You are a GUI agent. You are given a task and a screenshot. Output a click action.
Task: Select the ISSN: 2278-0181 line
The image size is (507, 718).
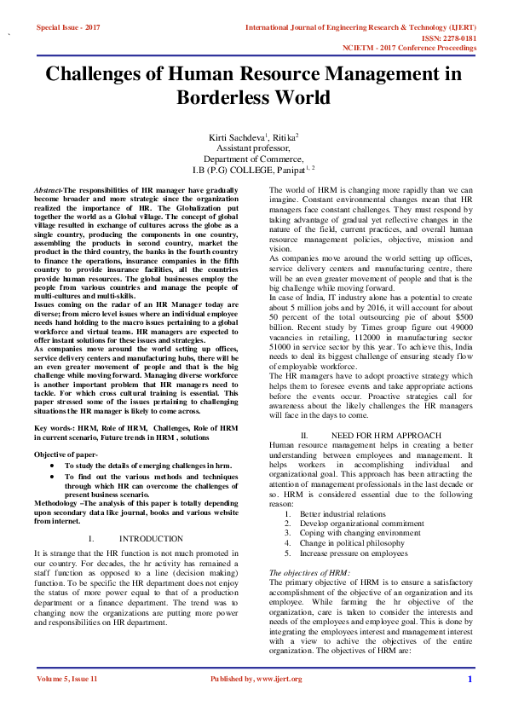449,38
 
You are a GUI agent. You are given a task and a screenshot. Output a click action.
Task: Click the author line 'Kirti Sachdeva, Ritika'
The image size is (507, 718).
254,136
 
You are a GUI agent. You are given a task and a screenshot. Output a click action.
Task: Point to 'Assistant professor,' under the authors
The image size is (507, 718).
254,148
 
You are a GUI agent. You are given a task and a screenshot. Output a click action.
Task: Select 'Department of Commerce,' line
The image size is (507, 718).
254,159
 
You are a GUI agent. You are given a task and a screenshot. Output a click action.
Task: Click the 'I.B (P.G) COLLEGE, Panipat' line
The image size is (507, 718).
254,170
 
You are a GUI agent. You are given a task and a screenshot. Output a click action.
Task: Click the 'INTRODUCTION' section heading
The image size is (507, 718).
151,539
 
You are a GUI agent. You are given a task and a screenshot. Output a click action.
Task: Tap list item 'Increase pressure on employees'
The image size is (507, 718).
354,553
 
